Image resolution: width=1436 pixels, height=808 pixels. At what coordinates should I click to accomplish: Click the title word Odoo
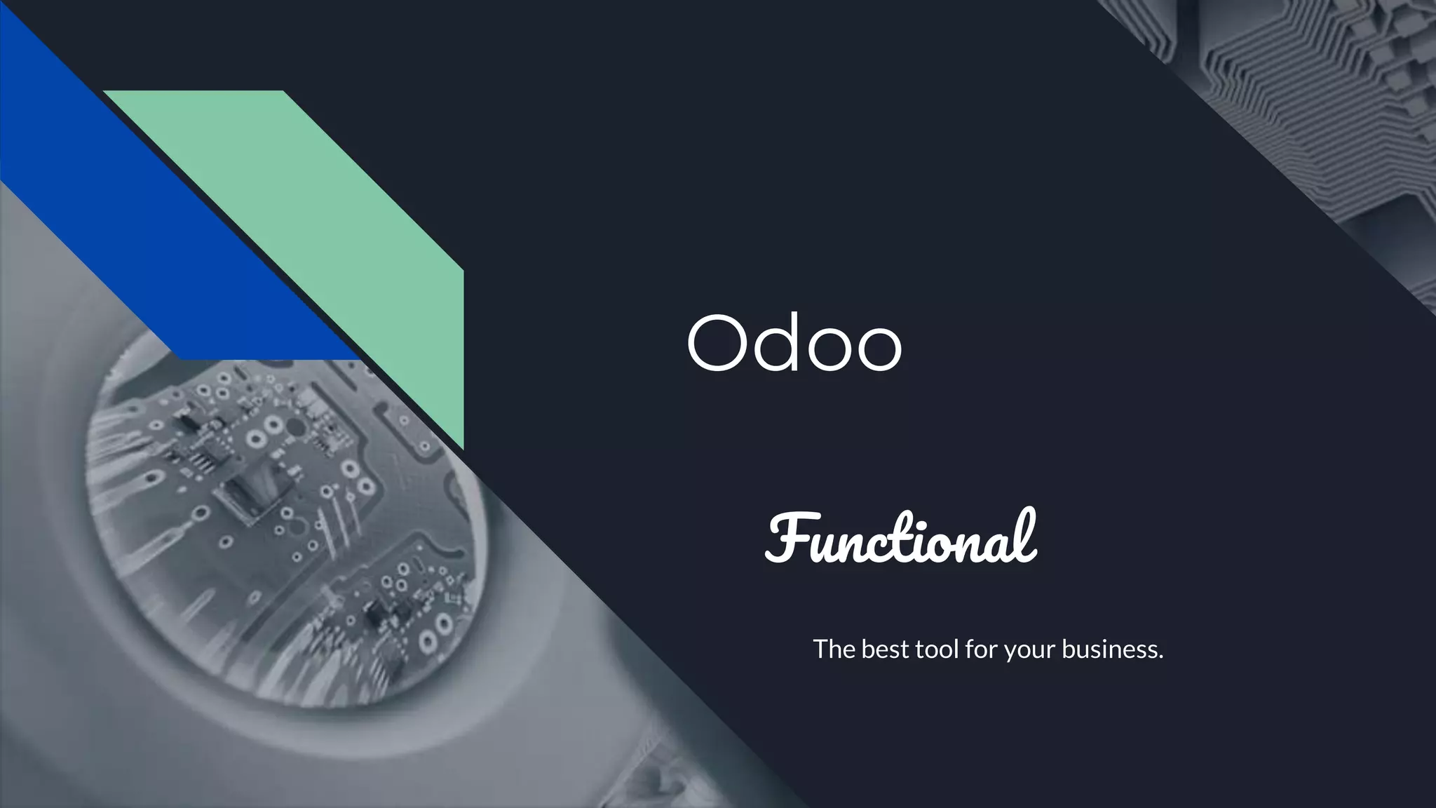(794, 344)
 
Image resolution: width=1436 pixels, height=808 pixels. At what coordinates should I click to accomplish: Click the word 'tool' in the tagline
(936, 649)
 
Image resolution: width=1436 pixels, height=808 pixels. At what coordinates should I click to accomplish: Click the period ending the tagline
(1160, 658)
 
